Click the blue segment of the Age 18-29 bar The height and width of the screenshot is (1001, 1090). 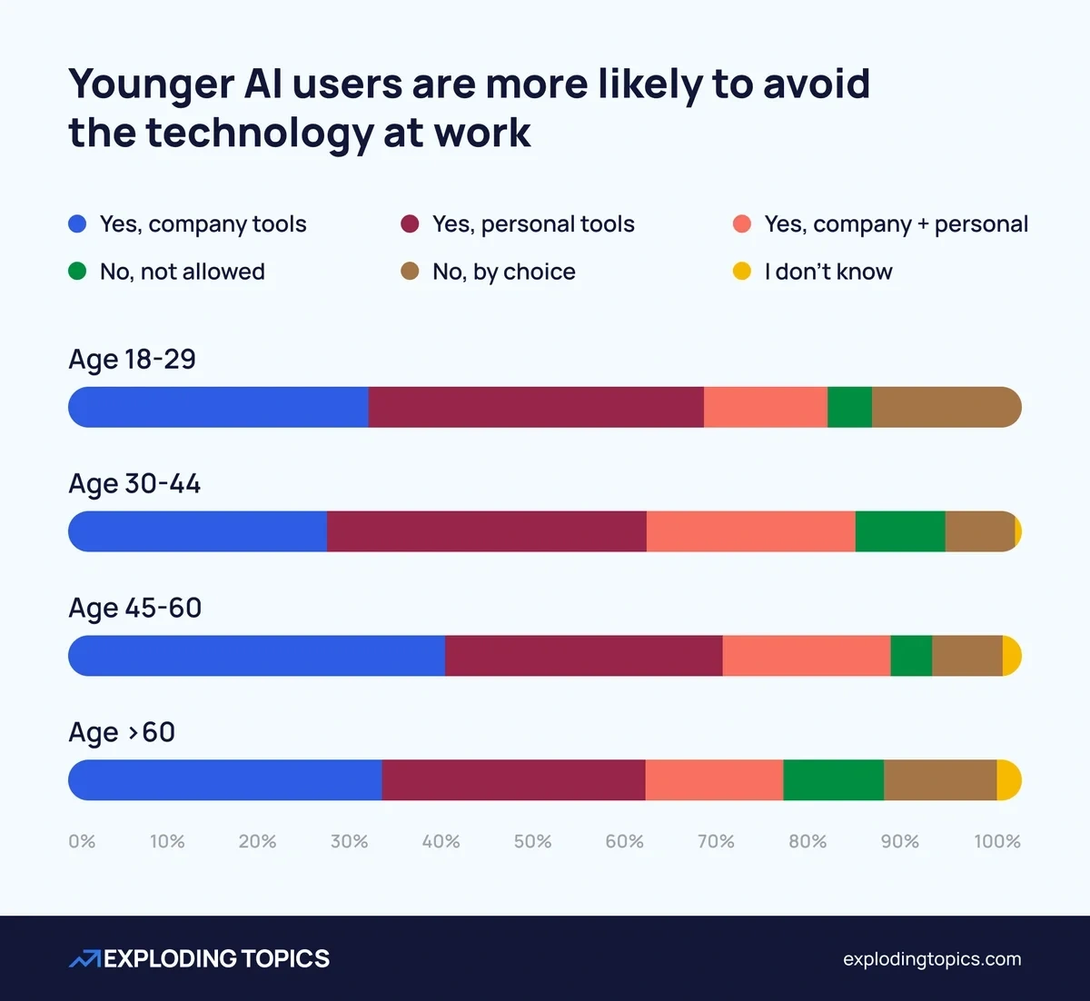click(218, 407)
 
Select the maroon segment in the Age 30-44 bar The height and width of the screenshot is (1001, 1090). click(486, 531)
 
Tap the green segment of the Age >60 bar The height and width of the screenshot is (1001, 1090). click(833, 780)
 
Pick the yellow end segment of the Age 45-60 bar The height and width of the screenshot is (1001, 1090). click(1011, 656)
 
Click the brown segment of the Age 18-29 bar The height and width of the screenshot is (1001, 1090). click(945, 407)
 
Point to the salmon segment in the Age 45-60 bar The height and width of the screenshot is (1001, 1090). click(806, 656)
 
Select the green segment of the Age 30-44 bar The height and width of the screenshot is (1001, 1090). click(899, 531)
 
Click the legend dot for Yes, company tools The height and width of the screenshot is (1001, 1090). click(77, 224)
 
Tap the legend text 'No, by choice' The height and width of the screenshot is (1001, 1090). click(503, 272)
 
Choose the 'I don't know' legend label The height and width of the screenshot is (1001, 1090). click(827, 272)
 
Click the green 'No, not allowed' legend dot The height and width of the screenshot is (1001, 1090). click(77, 272)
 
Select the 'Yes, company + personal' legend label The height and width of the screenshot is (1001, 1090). click(896, 224)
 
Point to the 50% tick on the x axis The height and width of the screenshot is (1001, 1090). click(532, 842)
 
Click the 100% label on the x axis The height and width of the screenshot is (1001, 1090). click(996, 842)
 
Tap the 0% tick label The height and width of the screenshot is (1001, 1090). click(82, 842)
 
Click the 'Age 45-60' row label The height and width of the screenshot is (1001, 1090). click(134, 608)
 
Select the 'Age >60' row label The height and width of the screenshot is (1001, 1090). click(122, 732)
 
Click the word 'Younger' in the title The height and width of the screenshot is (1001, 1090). click(150, 84)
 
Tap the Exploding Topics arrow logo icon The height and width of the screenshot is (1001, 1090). click(84, 959)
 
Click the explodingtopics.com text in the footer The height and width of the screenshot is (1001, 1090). click(931, 959)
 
